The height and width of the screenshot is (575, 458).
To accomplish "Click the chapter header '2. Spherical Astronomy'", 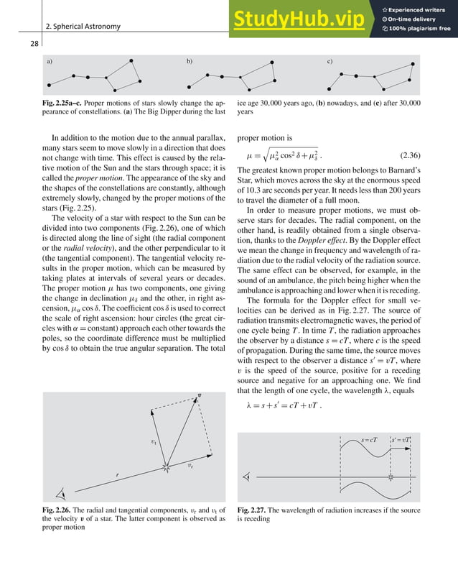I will tap(83, 27).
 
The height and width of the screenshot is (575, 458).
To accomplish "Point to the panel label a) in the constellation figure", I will tap(50, 63).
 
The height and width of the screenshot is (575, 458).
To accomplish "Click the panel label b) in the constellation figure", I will tap(190, 63).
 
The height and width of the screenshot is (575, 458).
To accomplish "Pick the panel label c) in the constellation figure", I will tap(330, 63).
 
